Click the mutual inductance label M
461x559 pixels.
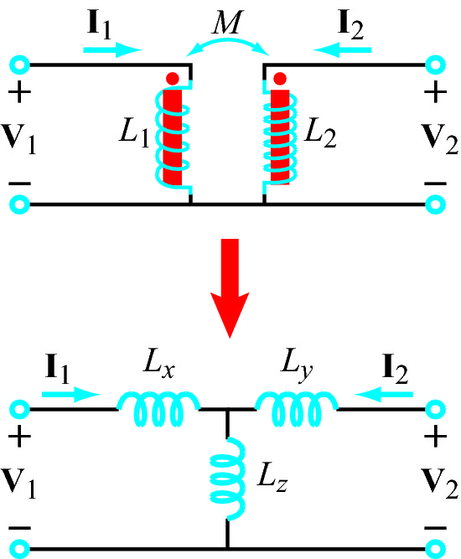coord(227,22)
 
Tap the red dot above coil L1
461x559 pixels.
coord(173,79)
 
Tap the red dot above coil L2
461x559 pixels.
coord(280,79)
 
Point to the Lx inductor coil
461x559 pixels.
coord(158,408)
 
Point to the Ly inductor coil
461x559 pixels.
coord(296,408)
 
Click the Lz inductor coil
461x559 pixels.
coord(228,479)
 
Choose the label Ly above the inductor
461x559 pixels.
coord(296,365)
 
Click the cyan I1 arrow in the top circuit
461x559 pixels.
coord(112,49)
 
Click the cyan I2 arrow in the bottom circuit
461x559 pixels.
coord(384,394)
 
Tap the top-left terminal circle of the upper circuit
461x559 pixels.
coord(19,65)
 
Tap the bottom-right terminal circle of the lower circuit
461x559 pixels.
coord(435,548)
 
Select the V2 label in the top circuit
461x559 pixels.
coord(439,138)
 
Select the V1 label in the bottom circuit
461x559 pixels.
coord(18,483)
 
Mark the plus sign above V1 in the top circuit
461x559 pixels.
coord(19,92)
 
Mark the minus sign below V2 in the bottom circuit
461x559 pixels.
coord(435,528)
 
